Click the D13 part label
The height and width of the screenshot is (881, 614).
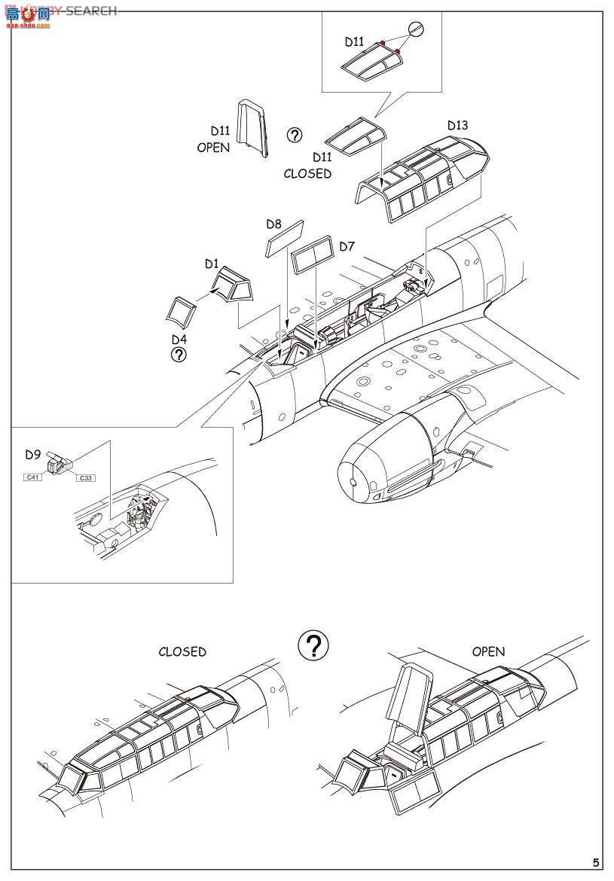[457, 125]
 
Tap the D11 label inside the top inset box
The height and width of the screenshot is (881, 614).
[355, 42]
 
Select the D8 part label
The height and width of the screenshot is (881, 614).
[273, 224]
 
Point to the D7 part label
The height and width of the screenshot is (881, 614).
[347, 246]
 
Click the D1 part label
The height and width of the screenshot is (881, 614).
[212, 264]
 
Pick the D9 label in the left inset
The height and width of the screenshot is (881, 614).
[32, 454]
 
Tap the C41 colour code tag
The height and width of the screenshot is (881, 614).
[32, 477]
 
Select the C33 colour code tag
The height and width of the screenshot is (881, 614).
[86, 477]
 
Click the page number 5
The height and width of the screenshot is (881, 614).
[596, 863]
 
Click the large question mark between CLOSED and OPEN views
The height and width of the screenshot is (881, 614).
[313, 645]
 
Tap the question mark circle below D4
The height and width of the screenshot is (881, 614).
[179, 355]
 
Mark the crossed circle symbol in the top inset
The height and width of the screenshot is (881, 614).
[417, 29]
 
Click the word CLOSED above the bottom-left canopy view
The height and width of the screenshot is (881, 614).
[182, 651]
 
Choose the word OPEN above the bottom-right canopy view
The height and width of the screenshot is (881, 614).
[488, 651]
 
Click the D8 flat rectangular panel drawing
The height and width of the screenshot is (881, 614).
[285, 238]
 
